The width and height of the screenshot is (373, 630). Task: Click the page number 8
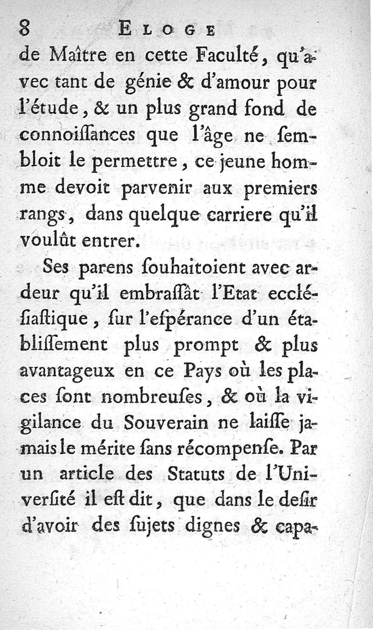point(25,29)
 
